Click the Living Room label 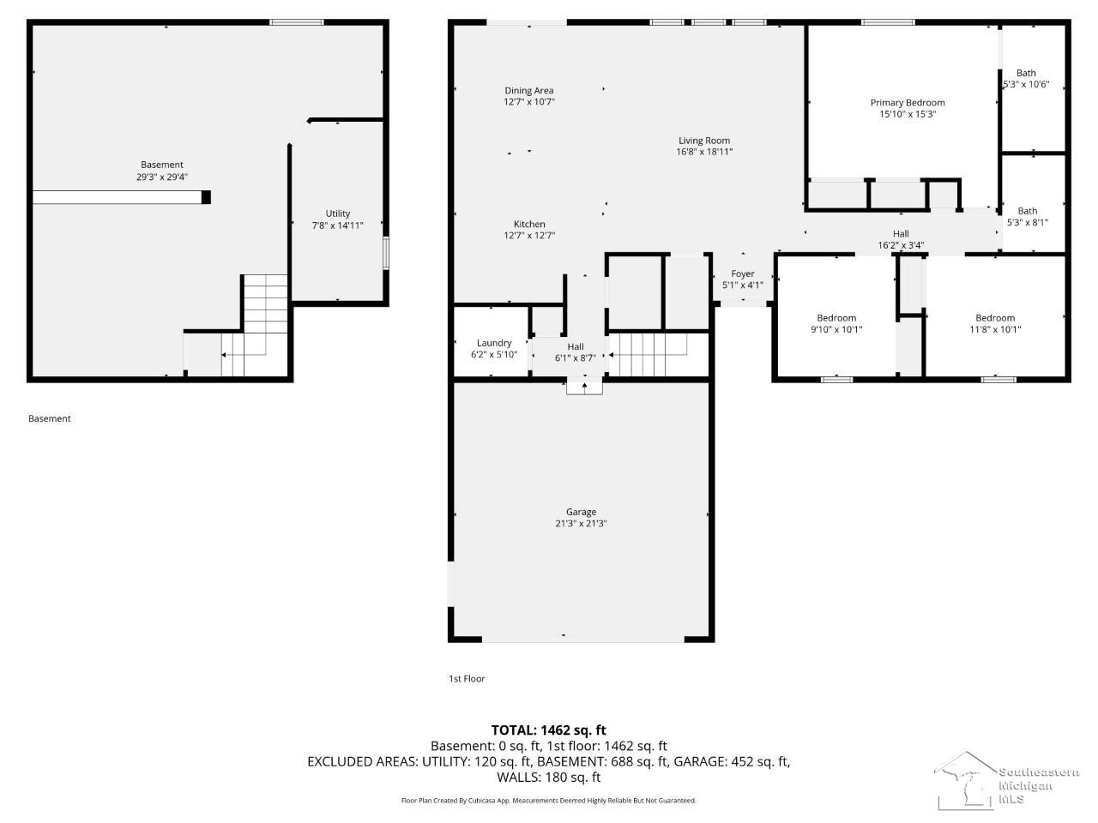703,141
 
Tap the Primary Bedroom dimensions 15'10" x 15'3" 908,114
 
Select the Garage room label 581,512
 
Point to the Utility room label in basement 338,213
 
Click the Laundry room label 494,343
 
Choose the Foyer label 742,273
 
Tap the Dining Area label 528,91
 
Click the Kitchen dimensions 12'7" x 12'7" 529,236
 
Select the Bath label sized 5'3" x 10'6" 1026,73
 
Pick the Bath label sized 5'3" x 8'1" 1027,211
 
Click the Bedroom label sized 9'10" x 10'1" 836,318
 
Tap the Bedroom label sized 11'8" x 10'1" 995,318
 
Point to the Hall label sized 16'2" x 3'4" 901,233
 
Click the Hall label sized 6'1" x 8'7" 576,346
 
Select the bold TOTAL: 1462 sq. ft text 549,730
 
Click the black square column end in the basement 206,197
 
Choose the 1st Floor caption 466,679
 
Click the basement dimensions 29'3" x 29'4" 162,177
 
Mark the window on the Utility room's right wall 386,254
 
